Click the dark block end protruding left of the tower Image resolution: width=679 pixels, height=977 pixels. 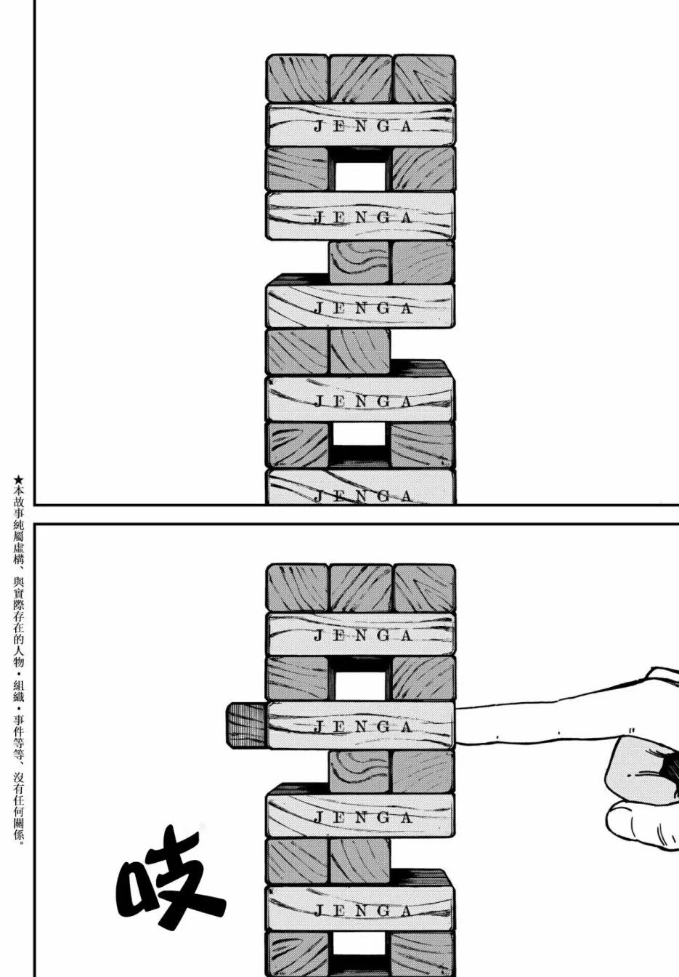tap(245, 726)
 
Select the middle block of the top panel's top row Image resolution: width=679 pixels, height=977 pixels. tap(360, 79)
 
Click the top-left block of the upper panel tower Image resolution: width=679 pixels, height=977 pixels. tap(297, 79)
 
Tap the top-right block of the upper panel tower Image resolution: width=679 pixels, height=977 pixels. tap(424, 79)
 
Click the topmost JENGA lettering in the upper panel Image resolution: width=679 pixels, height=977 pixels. tap(362, 126)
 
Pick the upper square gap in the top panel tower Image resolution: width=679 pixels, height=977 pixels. tap(360, 176)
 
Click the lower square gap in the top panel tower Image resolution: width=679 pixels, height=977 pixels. tap(359, 434)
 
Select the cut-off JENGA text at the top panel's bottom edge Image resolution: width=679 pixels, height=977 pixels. tap(362, 496)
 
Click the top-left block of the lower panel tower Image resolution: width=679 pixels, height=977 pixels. tap(297, 588)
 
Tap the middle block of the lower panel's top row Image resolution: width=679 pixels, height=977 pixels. tap(360, 588)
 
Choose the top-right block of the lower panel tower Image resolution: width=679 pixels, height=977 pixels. tap(424, 588)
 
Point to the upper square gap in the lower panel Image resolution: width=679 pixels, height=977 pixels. tap(360, 685)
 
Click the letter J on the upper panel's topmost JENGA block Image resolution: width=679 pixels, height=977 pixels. tap(319, 126)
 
